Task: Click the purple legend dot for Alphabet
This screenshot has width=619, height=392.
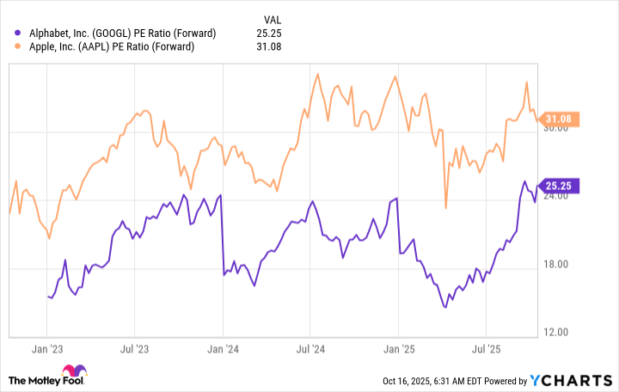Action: tap(19, 33)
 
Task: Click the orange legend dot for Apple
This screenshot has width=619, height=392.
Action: tap(19, 46)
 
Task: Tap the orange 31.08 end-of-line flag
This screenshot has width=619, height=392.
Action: tap(563, 119)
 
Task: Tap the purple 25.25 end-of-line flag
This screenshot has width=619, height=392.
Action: tap(563, 185)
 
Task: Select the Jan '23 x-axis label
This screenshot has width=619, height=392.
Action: tap(46, 351)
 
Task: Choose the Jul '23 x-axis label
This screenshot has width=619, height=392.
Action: tap(133, 351)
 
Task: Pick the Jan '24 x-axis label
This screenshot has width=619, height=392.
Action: tap(222, 351)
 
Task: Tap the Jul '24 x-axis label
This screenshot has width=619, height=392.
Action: tap(310, 351)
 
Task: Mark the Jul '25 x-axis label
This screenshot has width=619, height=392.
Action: tap(487, 351)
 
